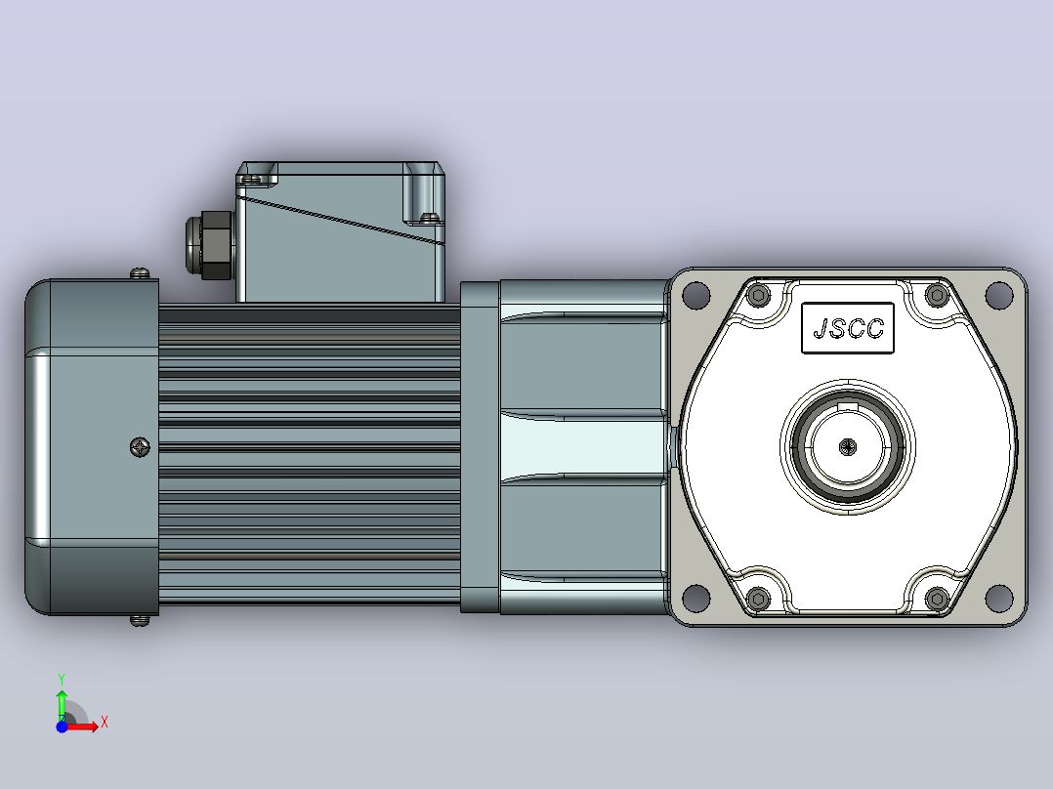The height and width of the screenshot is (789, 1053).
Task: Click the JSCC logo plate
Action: tap(848, 328)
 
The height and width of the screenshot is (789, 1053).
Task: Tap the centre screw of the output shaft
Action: tap(848, 446)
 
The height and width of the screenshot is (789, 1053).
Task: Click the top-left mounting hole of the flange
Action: tap(695, 295)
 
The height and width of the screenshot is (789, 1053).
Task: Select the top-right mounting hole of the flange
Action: tap(998, 295)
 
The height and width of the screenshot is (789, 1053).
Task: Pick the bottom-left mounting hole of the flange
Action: tap(695, 597)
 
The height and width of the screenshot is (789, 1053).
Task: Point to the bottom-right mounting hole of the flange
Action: tap(998, 597)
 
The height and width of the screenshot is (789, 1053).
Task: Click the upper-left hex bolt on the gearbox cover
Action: tap(759, 295)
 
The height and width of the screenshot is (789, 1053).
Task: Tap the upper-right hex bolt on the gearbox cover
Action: tap(937, 295)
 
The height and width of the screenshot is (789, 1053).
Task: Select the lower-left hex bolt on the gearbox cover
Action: tap(759, 598)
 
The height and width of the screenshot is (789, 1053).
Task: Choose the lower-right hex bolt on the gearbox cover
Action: tap(937, 598)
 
